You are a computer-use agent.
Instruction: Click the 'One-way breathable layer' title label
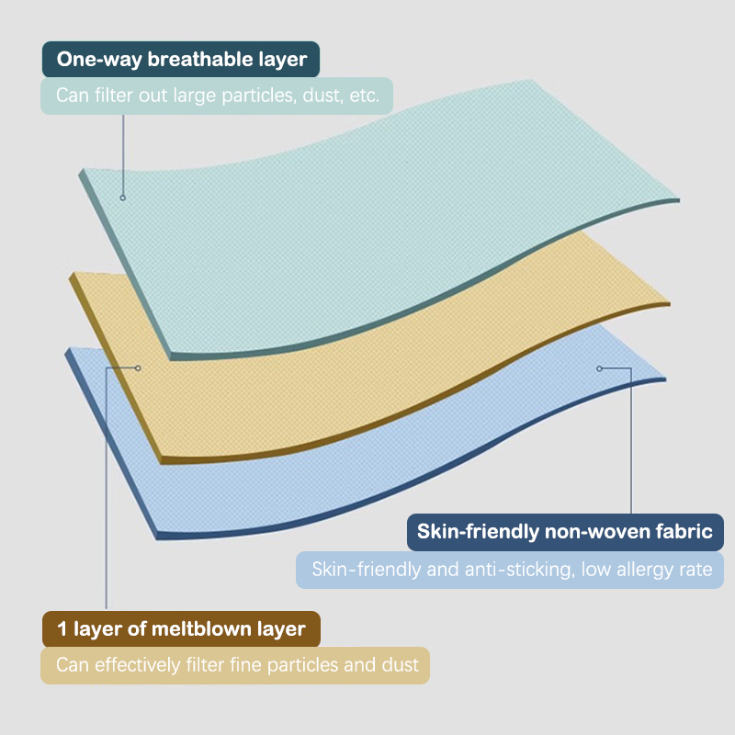[x=181, y=59]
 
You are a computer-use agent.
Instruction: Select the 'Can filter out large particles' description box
[x=217, y=96]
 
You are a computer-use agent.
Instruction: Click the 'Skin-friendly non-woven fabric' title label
[x=565, y=532]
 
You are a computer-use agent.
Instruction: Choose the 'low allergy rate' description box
[x=510, y=570]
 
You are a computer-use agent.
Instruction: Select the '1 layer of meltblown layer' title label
[x=181, y=629]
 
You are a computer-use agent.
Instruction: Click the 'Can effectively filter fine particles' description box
[x=235, y=665]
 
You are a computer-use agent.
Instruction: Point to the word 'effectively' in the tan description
[x=137, y=665]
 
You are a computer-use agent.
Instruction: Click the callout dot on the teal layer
[x=123, y=198]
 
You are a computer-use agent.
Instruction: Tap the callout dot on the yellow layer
[x=138, y=368]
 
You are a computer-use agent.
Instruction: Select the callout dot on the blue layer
[x=599, y=368]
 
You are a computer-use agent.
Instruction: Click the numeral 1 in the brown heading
[x=62, y=629]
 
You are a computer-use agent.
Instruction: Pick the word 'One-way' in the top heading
[x=99, y=60]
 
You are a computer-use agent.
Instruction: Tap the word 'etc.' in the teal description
[x=364, y=96]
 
